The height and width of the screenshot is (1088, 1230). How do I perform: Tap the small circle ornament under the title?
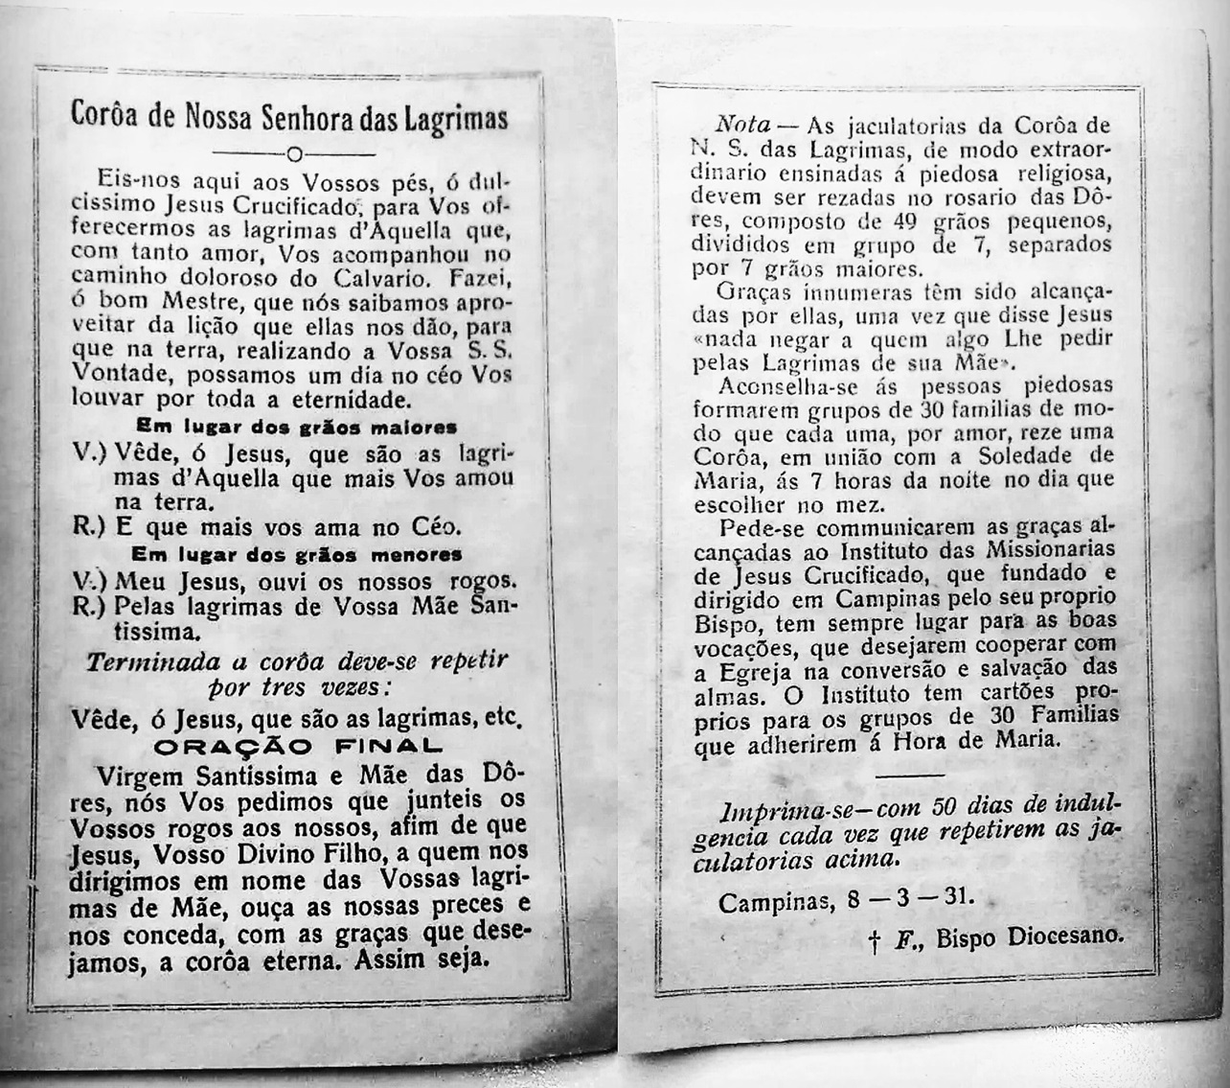tap(295, 154)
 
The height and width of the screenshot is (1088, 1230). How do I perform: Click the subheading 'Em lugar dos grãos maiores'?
tap(296, 426)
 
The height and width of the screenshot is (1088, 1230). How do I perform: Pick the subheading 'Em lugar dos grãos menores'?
tap(296, 555)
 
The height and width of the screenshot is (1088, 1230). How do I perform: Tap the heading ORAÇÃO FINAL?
tap(298, 745)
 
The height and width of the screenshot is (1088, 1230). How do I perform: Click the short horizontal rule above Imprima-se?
tap(909, 774)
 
